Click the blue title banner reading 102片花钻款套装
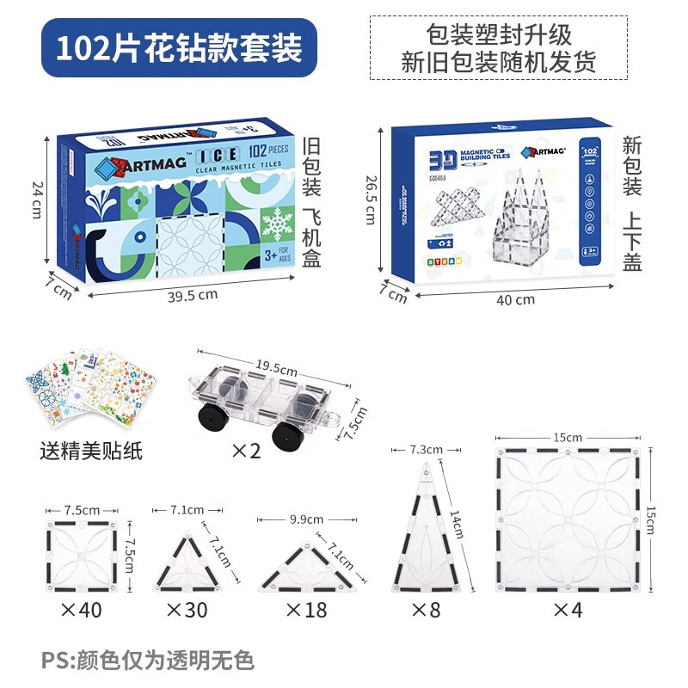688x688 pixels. [179, 48]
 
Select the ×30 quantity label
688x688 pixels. [187, 610]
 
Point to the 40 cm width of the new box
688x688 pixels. [515, 299]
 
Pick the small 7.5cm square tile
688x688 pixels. [80, 555]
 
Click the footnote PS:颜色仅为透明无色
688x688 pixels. [148, 660]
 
